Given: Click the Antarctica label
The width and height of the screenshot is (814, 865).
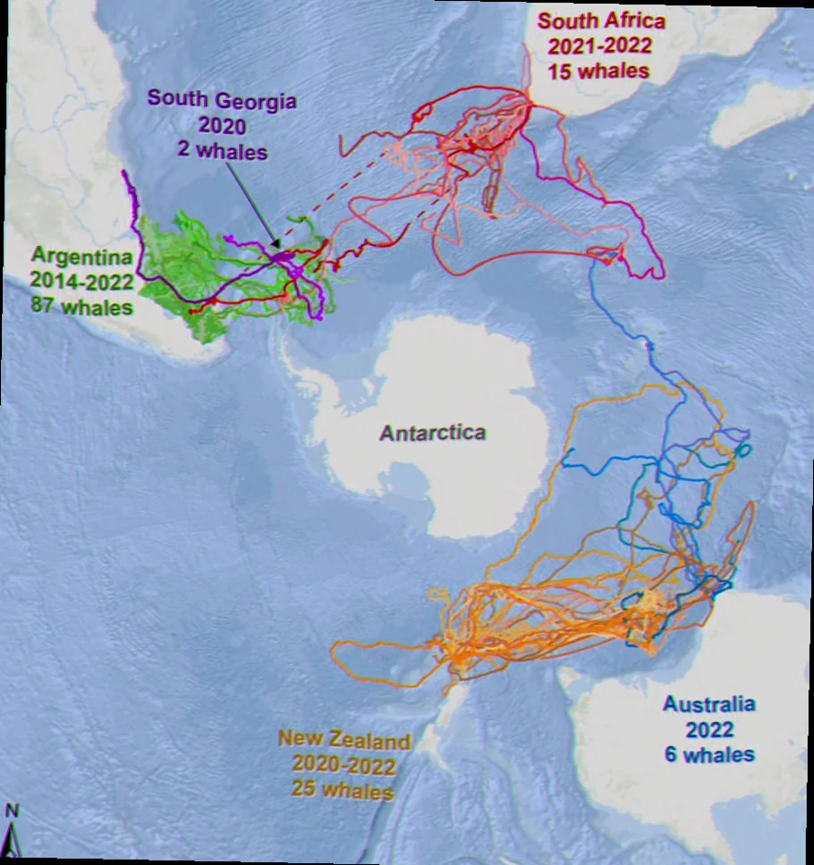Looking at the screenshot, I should point(433,433).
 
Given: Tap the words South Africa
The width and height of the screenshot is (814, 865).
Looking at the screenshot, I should point(588,21).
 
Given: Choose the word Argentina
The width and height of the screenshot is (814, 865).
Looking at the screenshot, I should point(82,257).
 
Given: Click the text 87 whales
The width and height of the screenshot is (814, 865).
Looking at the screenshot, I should point(81,307).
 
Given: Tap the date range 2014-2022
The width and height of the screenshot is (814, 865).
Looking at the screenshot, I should point(81,281).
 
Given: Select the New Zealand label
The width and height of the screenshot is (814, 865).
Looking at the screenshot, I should point(344,740).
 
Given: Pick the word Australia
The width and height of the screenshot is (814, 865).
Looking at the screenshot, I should point(709,703).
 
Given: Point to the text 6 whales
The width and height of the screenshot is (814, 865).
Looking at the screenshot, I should point(709,754).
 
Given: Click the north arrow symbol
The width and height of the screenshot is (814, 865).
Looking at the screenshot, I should point(12,841).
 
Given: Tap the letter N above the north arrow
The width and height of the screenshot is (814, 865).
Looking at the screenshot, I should point(12,811).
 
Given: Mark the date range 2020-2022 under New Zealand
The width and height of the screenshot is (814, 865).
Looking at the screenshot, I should point(344,765).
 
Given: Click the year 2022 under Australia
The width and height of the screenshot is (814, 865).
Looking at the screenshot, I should point(709,728).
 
